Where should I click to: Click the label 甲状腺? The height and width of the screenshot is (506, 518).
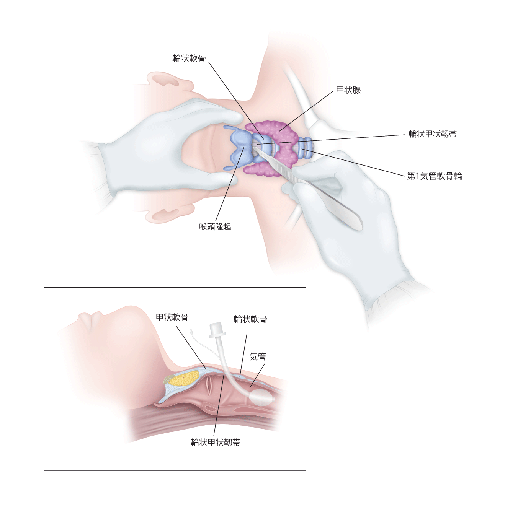click(x=348, y=90)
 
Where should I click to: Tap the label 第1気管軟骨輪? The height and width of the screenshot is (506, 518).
click(x=434, y=176)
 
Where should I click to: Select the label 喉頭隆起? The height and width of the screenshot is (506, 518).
click(x=215, y=226)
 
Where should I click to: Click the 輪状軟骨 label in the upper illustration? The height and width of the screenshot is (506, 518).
click(x=189, y=59)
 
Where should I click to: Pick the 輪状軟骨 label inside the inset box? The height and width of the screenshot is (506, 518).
click(x=250, y=319)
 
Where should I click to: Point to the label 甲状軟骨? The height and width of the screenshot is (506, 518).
click(x=172, y=317)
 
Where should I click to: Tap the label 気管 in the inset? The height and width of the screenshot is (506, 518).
click(x=257, y=356)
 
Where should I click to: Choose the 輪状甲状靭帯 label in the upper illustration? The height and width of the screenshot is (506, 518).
click(x=433, y=134)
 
